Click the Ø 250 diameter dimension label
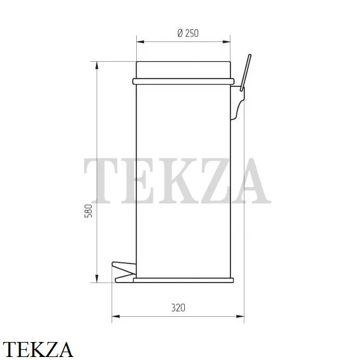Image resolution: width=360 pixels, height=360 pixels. tap(188, 33)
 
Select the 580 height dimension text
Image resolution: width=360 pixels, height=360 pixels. tap(88, 211)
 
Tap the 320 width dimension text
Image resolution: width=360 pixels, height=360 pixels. tap(178, 308)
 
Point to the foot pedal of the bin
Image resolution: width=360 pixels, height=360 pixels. tap(124, 272)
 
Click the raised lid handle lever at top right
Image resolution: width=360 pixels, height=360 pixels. tap(245, 73)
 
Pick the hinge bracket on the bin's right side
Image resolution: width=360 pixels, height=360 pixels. tap(238, 103)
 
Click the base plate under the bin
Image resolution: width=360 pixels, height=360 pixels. tap(184, 280)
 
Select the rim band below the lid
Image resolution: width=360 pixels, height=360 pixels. tap(183, 81)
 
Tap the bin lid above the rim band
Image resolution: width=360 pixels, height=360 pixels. tap(183, 70)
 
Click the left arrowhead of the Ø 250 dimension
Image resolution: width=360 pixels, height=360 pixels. tap(140, 42)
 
